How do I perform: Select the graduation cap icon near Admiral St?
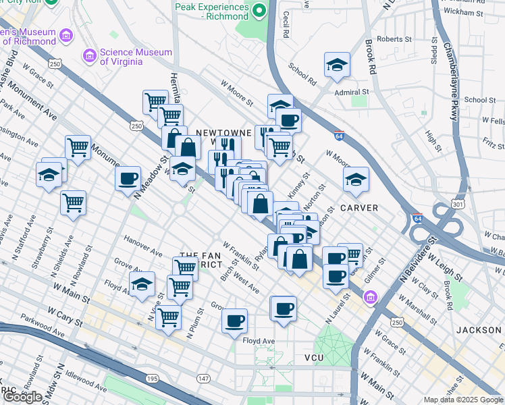coord(337,65)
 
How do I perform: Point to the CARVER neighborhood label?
coord(358,207)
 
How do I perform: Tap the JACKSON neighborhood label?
coord(478,330)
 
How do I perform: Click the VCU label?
coord(315,357)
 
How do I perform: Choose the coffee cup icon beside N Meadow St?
coord(128,180)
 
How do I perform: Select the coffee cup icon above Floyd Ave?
coord(234,321)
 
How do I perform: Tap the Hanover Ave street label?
coord(142,246)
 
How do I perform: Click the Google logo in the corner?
coord(22,397)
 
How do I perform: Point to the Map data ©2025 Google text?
coord(462,400)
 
